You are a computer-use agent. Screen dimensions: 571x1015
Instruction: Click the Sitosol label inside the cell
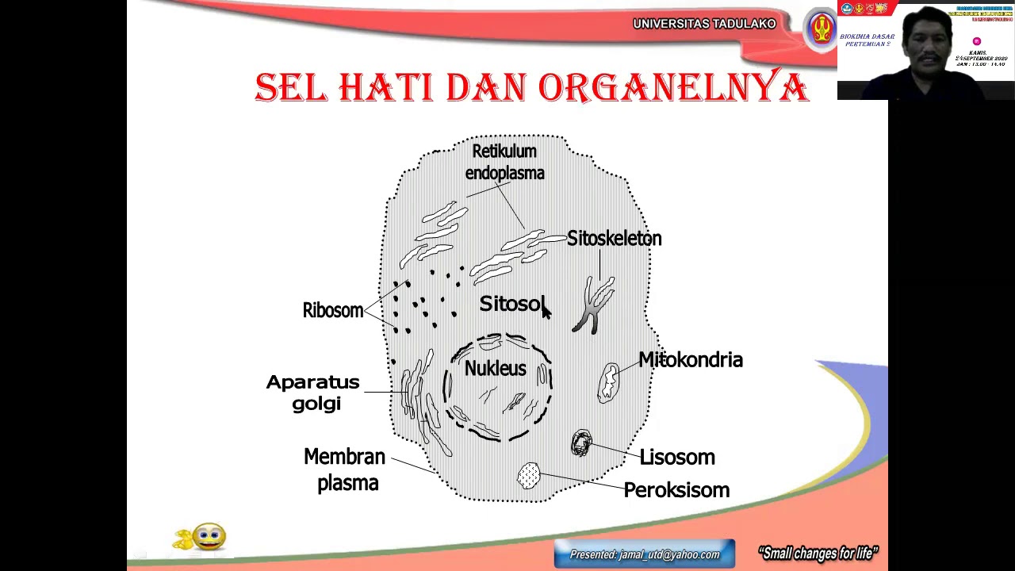[511, 304]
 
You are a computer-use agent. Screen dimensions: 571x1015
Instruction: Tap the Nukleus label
[495, 369]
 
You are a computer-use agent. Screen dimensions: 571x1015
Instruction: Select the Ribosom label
[332, 310]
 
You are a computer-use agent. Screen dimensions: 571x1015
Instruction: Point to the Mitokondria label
[690, 360]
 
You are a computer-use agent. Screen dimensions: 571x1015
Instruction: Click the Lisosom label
[677, 458]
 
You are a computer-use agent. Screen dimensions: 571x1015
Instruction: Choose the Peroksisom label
[676, 490]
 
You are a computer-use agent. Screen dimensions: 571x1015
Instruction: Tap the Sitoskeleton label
[614, 239]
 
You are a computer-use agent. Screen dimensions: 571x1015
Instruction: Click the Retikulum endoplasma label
[504, 162]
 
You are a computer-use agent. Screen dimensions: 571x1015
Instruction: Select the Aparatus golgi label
[313, 393]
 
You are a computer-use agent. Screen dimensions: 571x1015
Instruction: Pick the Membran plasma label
[345, 469]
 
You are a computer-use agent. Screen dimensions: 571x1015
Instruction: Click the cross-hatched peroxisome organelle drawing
[529, 476]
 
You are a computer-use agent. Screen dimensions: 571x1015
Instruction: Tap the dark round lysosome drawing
[581, 443]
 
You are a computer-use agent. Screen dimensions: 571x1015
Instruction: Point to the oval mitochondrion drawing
[609, 382]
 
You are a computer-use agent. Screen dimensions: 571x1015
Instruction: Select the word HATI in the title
[386, 87]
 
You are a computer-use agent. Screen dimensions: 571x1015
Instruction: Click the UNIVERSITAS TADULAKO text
[704, 24]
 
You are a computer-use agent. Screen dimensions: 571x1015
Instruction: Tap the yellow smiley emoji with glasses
[208, 537]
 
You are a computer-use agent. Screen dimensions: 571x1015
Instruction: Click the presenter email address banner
[645, 554]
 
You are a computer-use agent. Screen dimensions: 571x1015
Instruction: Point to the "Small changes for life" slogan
[818, 554]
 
